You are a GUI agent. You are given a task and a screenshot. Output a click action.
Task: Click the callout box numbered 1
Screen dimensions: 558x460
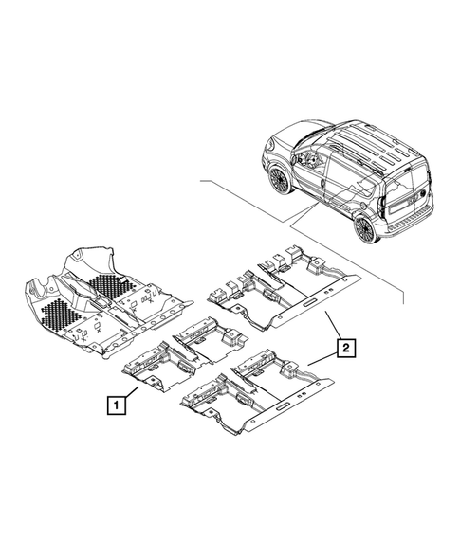coord(114,406)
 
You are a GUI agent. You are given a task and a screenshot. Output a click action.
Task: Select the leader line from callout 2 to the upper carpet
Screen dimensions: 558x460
coord(334,328)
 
